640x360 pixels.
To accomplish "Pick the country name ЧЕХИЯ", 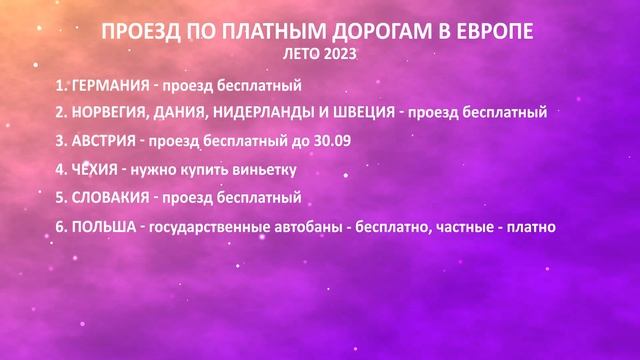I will click(96, 169).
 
